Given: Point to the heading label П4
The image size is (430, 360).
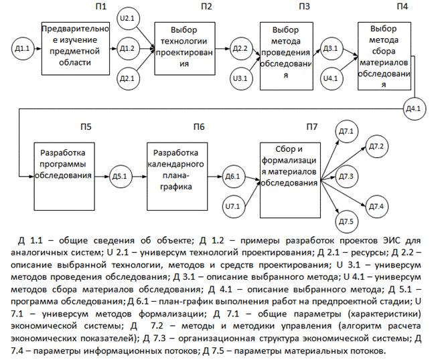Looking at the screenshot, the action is (403, 7).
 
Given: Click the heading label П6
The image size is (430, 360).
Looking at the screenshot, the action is (199, 127).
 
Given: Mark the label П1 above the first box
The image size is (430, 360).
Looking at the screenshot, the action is (101, 7).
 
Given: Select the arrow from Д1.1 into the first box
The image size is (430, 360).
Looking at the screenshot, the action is (38, 49).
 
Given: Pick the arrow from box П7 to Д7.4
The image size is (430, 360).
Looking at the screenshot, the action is (343, 193).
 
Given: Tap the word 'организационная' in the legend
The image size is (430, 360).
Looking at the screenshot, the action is (216, 339).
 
